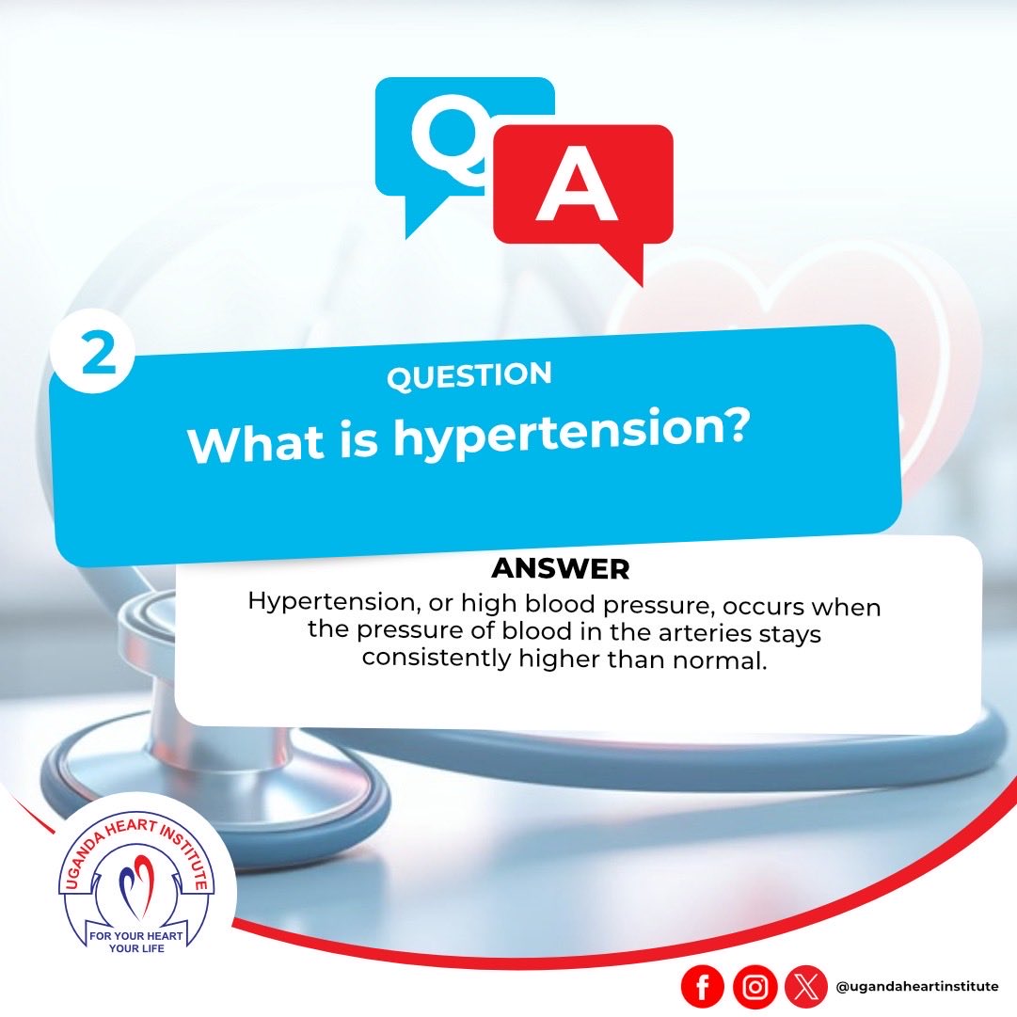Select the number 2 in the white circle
click(99, 354)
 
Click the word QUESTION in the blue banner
click(469, 375)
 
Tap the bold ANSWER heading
click(561, 569)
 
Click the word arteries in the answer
click(700, 632)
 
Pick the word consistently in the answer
click(437, 658)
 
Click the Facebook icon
click(703, 987)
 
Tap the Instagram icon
click(755, 987)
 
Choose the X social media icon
click(805, 987)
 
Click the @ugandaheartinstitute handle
click(917, 987)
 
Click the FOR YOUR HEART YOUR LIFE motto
click(136, 942)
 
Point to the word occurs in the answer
click(764, 607)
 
